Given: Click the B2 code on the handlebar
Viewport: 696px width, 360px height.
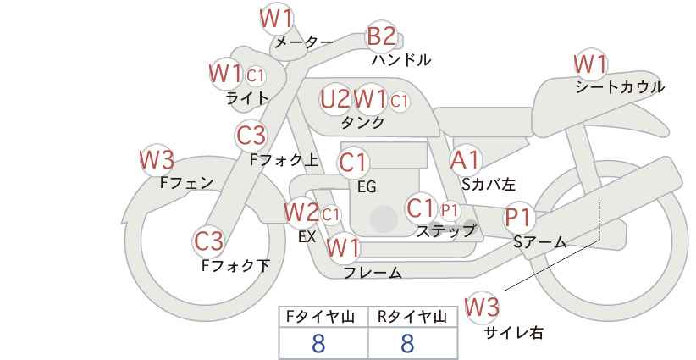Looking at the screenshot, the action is click(x=382, y=36).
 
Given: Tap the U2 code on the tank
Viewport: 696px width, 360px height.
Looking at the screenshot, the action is click(x=335, y=99).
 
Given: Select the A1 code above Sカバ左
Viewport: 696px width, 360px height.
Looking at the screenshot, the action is click(x=465, y=160).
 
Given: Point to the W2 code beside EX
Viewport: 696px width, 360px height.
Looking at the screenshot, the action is click(x=301, y=213).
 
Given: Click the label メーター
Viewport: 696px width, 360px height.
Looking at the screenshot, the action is click(x=304, y=42).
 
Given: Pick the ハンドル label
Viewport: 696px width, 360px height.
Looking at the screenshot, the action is click(x=401, y=59).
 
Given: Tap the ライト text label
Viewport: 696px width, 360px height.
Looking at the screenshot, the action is click(x=247, y=98).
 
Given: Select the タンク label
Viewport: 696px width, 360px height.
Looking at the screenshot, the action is click(x=362, y=122).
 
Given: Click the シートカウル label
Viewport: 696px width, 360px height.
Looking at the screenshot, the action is click(x=620, y=87).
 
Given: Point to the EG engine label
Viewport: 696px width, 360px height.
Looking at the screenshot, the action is click(x=367, y=187).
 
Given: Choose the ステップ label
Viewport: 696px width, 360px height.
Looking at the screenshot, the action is click(x=445, y=231).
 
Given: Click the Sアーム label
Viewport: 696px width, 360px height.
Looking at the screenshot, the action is click(x=540, y=242).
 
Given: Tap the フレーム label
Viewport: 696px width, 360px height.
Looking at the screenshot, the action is click(x=373, y=273).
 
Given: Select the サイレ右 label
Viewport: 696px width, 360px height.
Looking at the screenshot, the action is click(x=514, y=333).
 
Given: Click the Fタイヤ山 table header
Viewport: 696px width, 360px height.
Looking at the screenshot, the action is click(x=320, y=317).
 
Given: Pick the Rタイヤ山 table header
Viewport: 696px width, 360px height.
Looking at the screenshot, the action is click(x=412, y=317).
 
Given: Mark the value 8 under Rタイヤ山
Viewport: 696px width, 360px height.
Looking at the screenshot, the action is click(x=407, y=343).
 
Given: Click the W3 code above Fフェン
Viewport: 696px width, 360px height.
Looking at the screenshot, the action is click(x=157, y=160).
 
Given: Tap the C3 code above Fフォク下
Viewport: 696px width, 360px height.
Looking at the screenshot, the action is click(x=208, y=241).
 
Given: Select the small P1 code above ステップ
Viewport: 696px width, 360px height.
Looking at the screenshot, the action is click(x=450, y=211).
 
